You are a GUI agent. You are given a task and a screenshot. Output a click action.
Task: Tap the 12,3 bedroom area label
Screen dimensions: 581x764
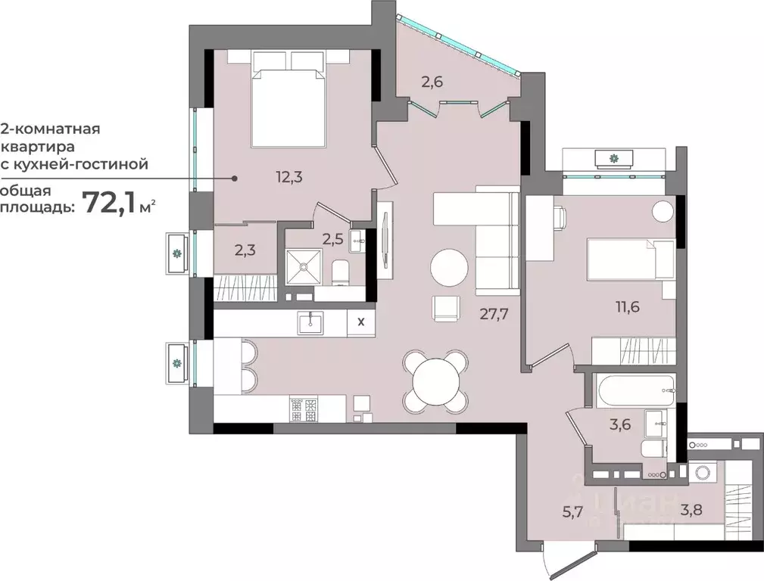(288, 177)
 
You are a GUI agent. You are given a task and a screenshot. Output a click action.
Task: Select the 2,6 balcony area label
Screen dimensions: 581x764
(432, 82)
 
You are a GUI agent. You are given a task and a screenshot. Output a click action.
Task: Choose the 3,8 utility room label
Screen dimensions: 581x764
(691, 510)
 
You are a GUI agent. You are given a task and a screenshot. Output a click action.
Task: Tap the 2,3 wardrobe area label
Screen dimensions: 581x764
(244, 249)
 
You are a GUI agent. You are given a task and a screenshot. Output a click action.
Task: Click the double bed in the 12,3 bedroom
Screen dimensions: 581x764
(288, 106)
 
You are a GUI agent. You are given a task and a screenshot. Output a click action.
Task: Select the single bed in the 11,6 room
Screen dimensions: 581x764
(631, 259)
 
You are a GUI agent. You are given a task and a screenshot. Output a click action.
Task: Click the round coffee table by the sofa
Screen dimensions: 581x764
(450, 267)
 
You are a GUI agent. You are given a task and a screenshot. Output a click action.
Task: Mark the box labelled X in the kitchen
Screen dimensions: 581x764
(360, 321)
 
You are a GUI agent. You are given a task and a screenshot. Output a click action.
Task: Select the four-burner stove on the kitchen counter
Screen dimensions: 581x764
(306, 409)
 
